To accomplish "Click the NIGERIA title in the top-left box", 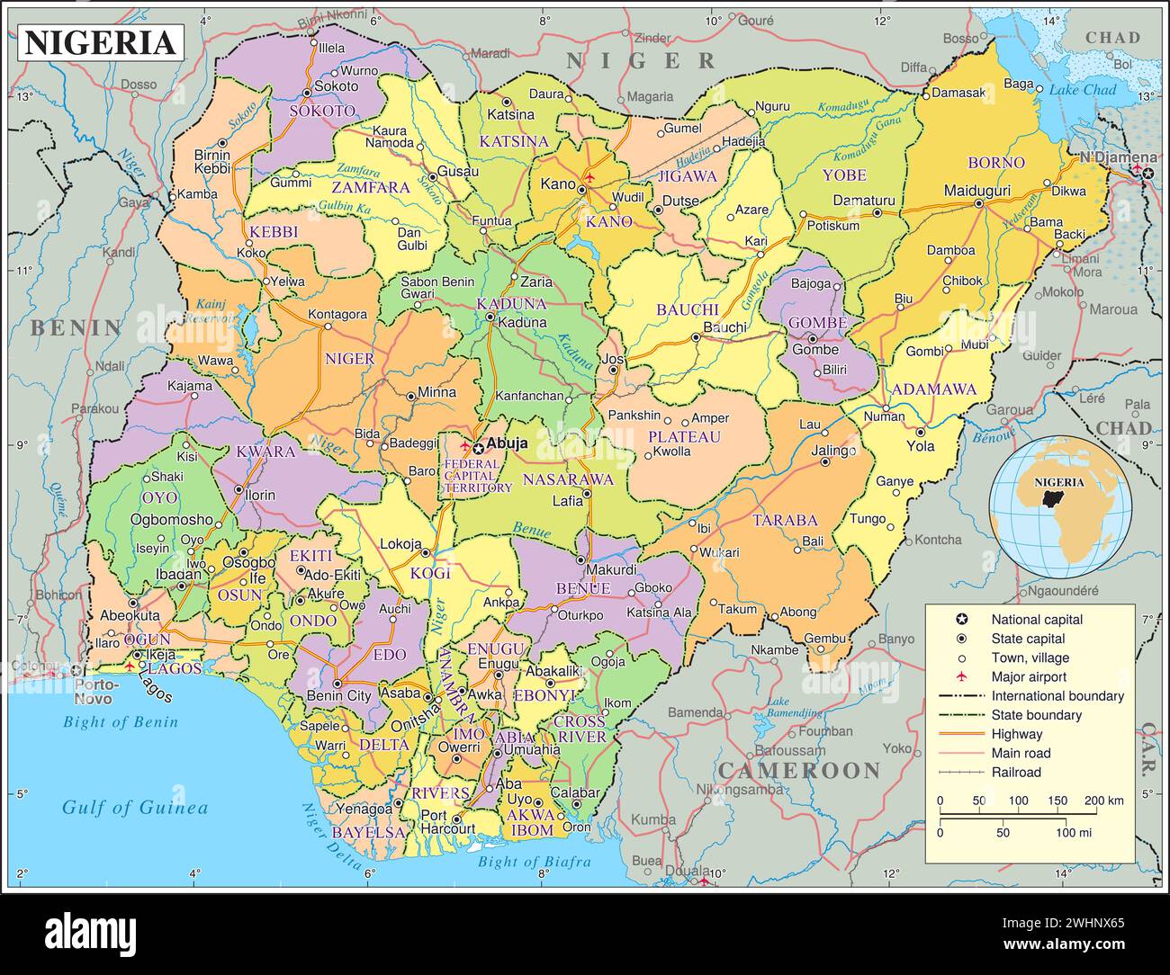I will tap(99, 42).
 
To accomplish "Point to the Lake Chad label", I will tap(1082, 90).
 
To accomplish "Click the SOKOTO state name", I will tap(322, 111).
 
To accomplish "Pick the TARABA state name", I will tap(785, 520).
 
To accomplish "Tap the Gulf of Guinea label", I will tap(134, 807).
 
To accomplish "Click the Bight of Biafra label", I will tap(534, 861).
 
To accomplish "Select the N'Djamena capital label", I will tap(1118, 157).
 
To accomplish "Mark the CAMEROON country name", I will tap(798, 770).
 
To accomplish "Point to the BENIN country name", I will tap(76, 327).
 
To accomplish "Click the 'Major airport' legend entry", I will tap(1029, 676).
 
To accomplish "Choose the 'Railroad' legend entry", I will tap(1016, 772).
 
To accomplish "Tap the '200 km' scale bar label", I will tap(1103, 801).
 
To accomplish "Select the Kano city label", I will tap(557, 184).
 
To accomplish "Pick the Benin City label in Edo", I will tap(338, 695).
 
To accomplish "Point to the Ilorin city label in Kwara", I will tap(259, 495).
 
